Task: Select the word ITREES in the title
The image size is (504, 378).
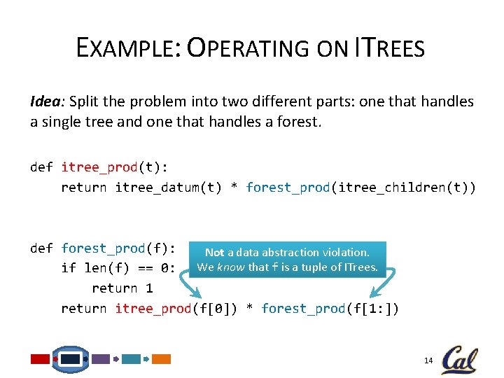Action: tap(390, 48)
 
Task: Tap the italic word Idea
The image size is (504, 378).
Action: tap(44, 101)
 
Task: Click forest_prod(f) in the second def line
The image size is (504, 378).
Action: tap(118, 248)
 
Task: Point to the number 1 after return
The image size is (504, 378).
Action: tap(149, 288)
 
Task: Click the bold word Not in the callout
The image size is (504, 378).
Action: tap(214, 253)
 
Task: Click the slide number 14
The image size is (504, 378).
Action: tap(429, 360)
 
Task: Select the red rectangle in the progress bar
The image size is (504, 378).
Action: tap(40, 359)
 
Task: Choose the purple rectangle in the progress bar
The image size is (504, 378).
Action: tap(101, 359)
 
